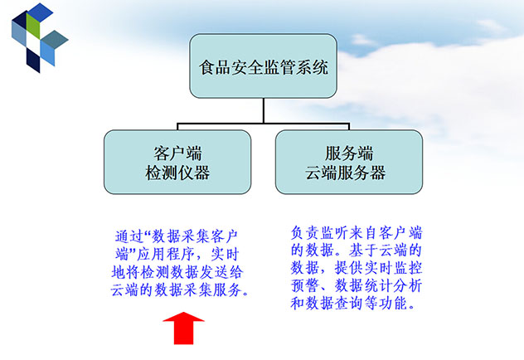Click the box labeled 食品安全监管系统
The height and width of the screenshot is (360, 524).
pos(263,66)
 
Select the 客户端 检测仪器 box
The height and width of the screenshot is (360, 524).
pos(177,162)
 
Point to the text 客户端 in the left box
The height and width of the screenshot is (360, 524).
pos(177,153)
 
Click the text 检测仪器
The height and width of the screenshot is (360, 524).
pos(177,173)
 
